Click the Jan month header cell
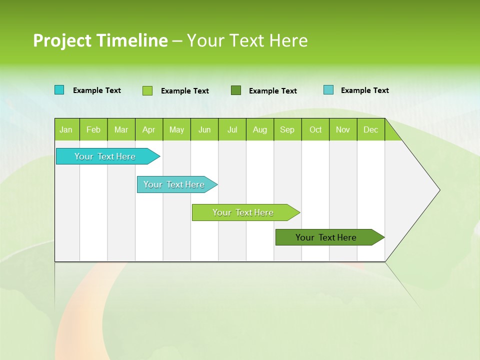[66, 129]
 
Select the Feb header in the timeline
[93, 129]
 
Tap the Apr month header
[149, 129]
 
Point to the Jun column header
[204, 129]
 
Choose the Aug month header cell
[260, 129]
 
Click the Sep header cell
[287, 129]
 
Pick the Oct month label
[315, 129]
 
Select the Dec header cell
[371, 129]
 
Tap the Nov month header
[343, 129]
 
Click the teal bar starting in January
[105, 156]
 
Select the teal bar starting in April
[174, 184]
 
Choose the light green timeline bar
[243, 212]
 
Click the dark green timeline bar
[326, 237]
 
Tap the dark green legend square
[236, 90]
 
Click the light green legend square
[147, 90]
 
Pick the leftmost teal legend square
[59, 90]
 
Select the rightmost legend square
[328, 90]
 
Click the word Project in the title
[63, 40]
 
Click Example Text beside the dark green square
[273, 91]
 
